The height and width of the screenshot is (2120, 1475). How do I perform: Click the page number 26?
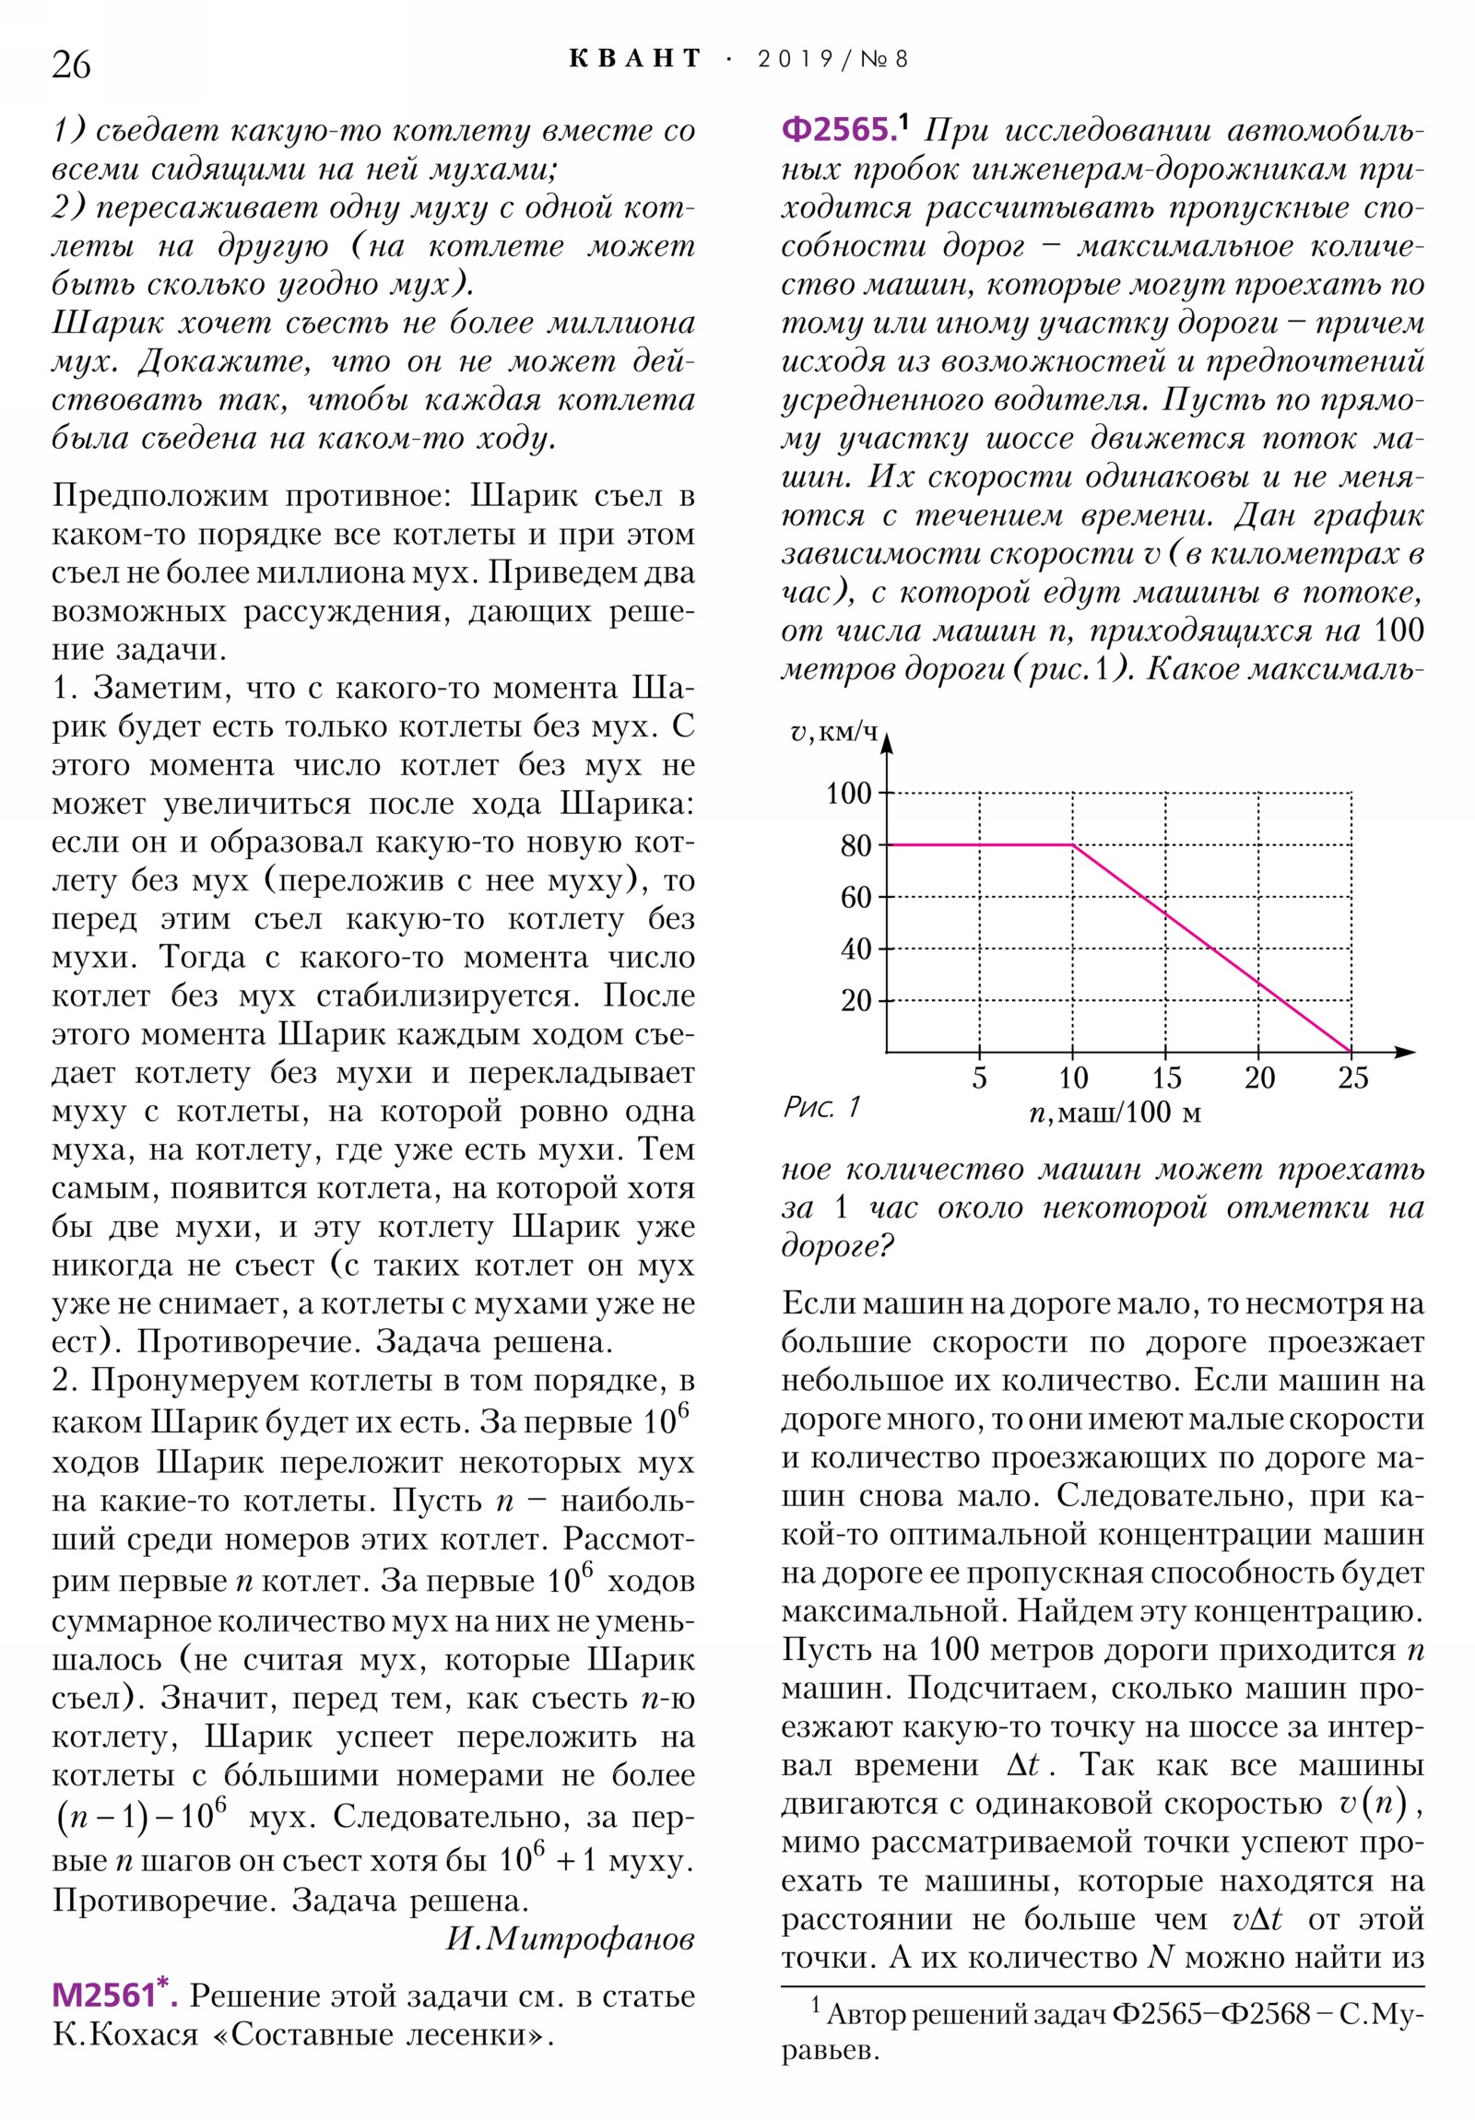point(71,65)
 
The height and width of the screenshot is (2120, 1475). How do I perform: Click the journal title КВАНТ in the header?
point(634,59)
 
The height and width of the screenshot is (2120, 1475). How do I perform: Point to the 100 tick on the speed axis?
point(848,792)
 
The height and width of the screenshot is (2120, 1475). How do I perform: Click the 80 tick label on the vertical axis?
point(855,845)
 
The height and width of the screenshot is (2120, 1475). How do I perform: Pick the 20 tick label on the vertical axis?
point(855,1000)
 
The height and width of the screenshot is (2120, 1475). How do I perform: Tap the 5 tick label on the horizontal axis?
point(979,1078)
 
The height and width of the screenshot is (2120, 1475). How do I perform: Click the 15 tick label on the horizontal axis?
point(1165,1078)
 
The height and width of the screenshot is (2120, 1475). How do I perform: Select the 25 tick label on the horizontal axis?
point(1352,1078)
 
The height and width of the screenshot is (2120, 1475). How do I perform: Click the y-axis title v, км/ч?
point(833,732)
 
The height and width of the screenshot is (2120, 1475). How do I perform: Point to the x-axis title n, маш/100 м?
point(1114,1113)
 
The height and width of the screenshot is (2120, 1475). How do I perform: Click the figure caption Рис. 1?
point(821,1106)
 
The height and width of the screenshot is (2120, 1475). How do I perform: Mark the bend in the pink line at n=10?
point(1072,844)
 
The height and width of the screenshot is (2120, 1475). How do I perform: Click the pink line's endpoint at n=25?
point(1351,1051)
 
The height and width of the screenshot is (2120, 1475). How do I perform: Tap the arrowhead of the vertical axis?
point(887,740)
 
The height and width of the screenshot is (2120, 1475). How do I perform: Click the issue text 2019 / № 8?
point(832,59)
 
